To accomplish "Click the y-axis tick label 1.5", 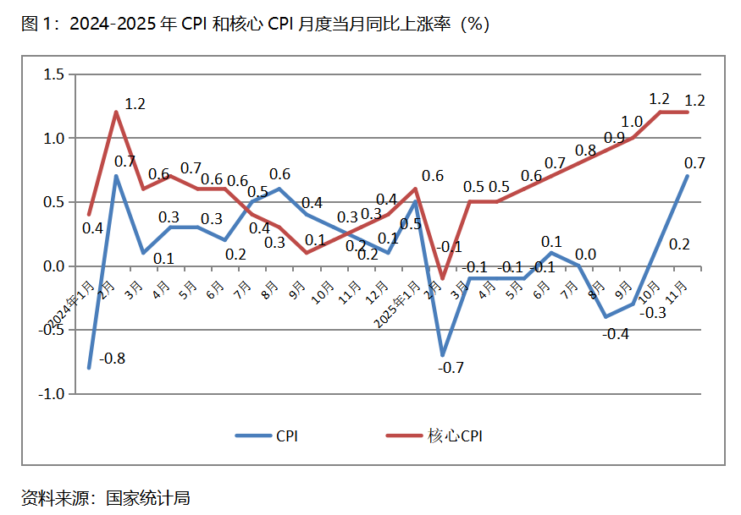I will (53, 74).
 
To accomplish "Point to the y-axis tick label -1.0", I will (51, 394).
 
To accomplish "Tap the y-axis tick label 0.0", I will (53, 266).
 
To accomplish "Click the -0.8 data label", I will (112, 359).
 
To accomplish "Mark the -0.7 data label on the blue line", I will (451, 368).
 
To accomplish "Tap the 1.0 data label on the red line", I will (632, 122).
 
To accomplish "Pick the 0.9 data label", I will (614, 138).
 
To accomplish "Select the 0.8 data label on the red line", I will (586, 151).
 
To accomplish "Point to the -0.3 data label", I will (650, 313).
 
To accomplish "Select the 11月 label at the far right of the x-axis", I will (678, 292).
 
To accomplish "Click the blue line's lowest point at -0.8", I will (89, 368).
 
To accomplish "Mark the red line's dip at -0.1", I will (442, 278).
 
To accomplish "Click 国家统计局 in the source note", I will (148, 497).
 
